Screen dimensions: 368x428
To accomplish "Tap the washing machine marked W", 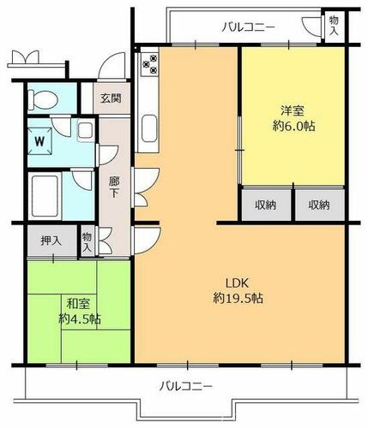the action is tap(39, 141).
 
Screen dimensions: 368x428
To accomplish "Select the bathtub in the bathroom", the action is tap(45, 196).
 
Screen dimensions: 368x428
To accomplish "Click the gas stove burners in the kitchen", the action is tap(150, 64).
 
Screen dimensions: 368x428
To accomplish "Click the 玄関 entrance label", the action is tap(111, 98).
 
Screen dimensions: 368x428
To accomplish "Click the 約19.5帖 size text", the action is tap(238, 299).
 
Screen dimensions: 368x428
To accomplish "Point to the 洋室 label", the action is tap(293, 110).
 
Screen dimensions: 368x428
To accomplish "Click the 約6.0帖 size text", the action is tap(293, 126).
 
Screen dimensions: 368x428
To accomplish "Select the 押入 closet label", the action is tap(51, 241).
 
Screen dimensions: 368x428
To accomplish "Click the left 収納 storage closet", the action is tap(266, 205).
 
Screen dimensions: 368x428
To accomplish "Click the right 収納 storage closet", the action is tap(319, 205).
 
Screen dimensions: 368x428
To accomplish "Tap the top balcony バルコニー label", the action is tap(249, 27).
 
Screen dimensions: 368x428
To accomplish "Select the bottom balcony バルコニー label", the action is tap(186, 387).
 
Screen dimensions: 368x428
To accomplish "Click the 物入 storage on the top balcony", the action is tap(334, 26).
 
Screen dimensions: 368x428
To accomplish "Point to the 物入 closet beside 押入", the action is tap(87, 242).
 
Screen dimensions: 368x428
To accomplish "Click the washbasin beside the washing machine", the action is tap(86, 131).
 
